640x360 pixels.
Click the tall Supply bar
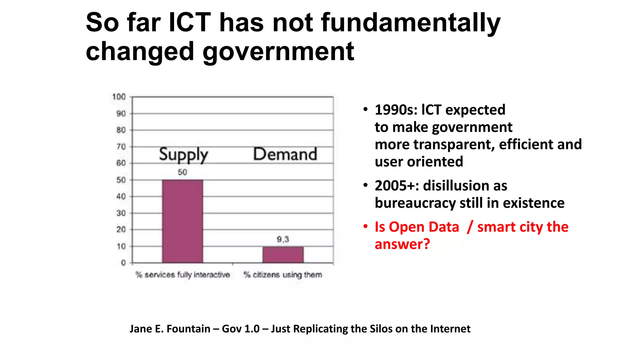(x=182, y=221)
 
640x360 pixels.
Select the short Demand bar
(x=283, y=255)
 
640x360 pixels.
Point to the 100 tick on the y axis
(x=119, y=97)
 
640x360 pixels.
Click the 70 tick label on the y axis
(x=121, y=147)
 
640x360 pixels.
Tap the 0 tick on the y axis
(x=123, y=263)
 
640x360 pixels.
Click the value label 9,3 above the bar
(x=283, y=239)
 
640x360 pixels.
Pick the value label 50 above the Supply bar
(x=182, y=172)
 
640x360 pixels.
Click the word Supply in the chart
(x=183, y=155)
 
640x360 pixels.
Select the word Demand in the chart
(x=285, y=154)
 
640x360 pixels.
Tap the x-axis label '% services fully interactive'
(x=182, y=275)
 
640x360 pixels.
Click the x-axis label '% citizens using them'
(x=283, y=275)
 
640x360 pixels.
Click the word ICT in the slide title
(x=190, y=22)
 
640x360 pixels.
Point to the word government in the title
(x=278, y=52)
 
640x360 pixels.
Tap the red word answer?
(x=402, y=244)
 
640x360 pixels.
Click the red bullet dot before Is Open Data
(x=365, y=226)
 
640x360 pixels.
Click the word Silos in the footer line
(x=381, y=329)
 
